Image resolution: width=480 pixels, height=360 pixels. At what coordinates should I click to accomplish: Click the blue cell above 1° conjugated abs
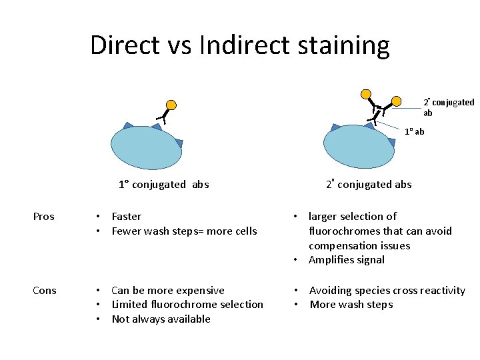147,148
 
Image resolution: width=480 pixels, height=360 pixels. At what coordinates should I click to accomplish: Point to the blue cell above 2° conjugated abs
359,148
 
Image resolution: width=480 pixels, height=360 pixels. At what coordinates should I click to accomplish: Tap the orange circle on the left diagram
171,105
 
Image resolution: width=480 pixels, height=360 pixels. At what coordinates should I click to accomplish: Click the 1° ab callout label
415,131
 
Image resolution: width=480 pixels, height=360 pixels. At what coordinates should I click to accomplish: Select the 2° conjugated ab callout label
449,107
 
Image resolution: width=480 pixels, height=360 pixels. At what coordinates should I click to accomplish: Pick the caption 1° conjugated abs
163,185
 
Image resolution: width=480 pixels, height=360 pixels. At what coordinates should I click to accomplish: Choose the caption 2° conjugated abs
369,184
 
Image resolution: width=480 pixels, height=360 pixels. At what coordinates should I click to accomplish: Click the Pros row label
44,217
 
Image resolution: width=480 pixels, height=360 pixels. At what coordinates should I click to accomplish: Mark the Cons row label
45,290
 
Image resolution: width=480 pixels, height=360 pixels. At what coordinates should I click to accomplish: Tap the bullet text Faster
127,217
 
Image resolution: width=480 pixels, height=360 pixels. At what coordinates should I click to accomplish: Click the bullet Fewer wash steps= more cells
184,231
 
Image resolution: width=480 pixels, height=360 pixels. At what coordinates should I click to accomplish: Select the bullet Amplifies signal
347,260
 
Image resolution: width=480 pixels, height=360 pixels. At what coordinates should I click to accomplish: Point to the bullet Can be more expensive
168,290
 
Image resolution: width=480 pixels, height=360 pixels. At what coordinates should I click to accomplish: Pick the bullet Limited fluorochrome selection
187,305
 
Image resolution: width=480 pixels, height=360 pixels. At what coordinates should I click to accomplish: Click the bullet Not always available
161,319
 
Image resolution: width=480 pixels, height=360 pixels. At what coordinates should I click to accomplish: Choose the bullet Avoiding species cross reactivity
387,290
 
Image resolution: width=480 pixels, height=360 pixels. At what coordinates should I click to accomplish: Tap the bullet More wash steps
351,305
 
